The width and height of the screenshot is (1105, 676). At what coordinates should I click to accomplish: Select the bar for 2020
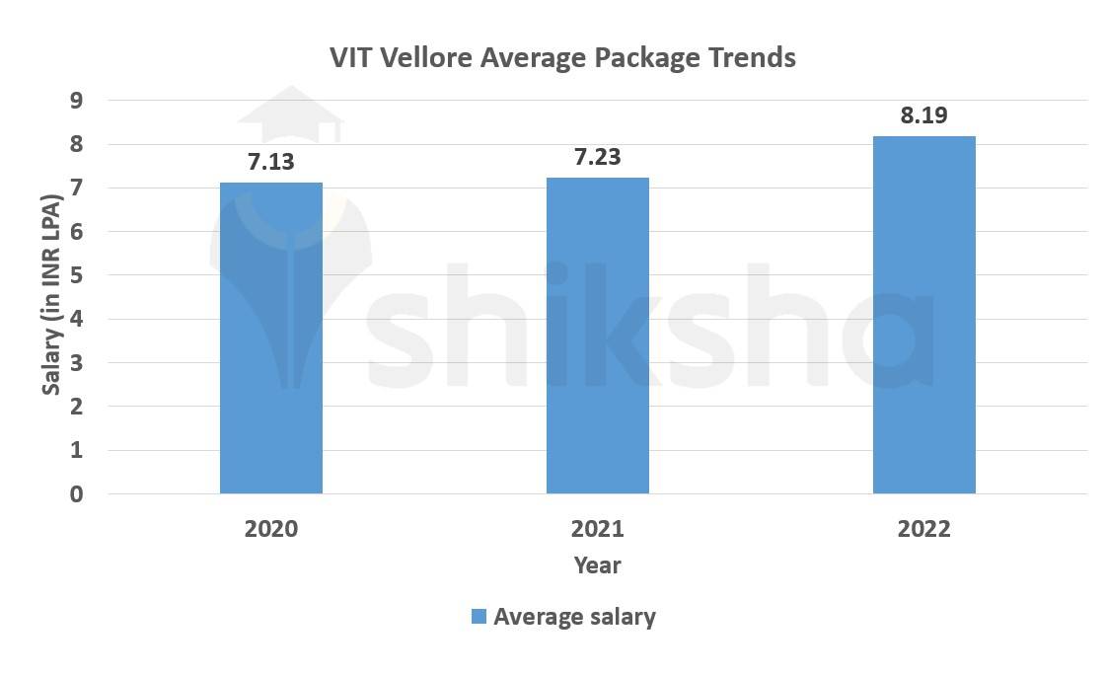(271, 338)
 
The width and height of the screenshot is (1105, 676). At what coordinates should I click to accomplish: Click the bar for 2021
(598, 336)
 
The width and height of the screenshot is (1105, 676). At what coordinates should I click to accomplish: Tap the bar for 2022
(924, 315)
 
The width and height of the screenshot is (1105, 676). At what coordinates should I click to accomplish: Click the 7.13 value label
(271, 162)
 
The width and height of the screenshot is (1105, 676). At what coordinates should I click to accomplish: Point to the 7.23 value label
(598, 157)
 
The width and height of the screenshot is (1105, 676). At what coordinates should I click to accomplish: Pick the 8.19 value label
(924, 115)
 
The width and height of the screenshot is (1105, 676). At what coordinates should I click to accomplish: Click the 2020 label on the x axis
(271, 529)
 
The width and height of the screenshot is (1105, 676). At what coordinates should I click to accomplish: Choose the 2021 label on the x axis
(598, 529)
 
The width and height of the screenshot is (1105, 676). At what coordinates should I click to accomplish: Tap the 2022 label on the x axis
(924, 529)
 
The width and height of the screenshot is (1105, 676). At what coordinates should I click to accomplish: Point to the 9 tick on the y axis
(77, 101)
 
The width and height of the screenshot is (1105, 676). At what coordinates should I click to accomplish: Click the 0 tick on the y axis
(77, 494)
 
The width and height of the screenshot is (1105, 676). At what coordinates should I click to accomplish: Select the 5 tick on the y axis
(77, 275)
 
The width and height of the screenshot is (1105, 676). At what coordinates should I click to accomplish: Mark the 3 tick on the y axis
(77, 363)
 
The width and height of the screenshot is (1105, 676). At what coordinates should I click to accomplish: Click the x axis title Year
(598, 565)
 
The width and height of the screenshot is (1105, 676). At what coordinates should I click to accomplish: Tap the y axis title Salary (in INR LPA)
(51, 296)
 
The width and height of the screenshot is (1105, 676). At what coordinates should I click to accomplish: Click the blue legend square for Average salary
(479, 617)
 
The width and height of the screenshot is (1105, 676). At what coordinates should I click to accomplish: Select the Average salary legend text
(574, 618)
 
